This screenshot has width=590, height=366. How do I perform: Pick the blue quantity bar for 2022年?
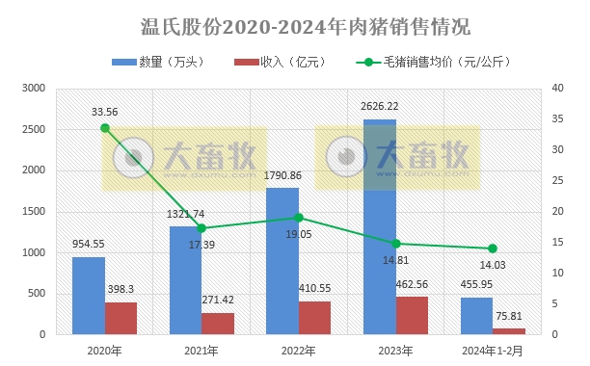tap(282, 261)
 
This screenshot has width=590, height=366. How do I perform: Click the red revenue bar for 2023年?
tap(412, 315)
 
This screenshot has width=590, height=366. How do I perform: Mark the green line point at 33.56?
tap(105, 128)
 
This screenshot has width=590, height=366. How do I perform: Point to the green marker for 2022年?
tap(299, 218)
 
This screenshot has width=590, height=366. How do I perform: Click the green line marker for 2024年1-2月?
tap(493, 248)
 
